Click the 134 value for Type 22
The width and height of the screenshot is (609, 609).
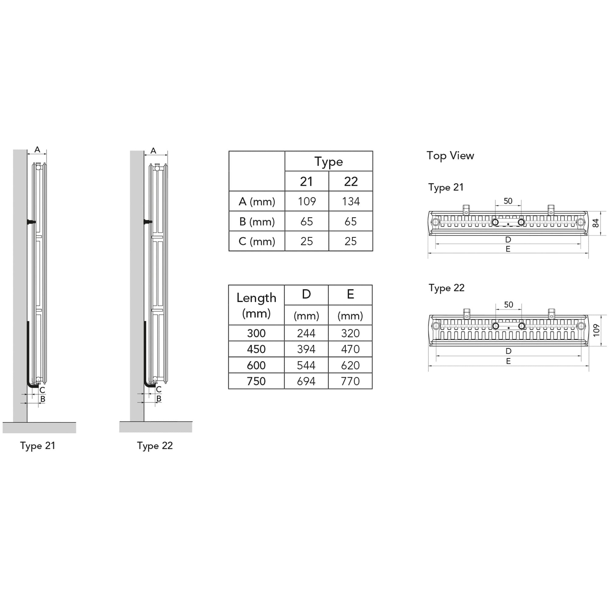tap(351, 201)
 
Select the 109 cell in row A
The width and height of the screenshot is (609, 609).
tap(307, 201)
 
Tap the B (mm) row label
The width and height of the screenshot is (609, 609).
tap(257, 222)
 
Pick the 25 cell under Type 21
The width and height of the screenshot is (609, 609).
tap(307, 241)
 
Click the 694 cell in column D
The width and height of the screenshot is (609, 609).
tap(306, 382)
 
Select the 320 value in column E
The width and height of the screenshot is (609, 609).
tap(350, 333)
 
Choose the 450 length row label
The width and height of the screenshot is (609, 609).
tap(256, 349)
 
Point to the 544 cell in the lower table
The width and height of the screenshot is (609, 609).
tap(306, 365)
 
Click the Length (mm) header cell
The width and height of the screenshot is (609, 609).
tap(256, 305)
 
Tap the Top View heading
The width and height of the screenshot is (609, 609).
tap(450, 156)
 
